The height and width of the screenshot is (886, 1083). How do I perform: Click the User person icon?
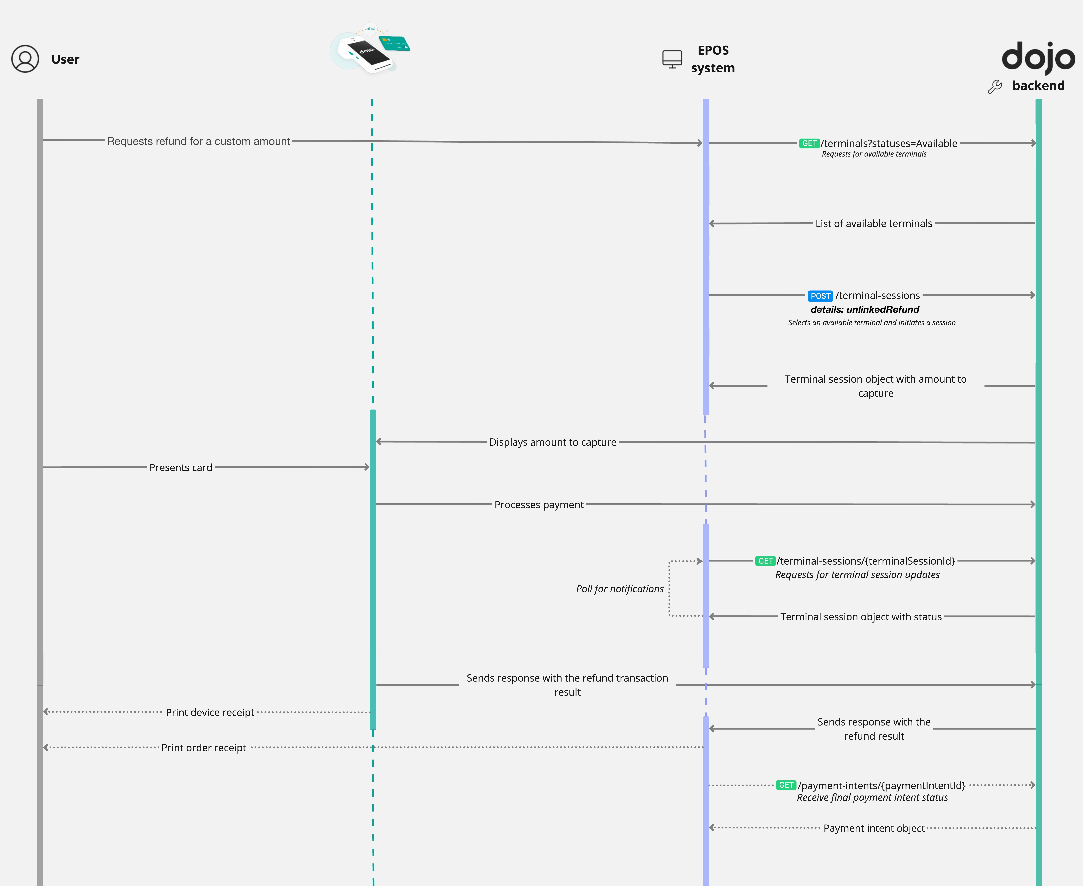25,59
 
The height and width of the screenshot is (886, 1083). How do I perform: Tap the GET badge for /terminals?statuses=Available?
809,143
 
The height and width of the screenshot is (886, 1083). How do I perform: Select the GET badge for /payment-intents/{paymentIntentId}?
786,785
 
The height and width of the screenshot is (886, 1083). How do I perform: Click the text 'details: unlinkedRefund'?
865,309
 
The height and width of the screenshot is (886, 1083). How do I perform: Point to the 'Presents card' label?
181,468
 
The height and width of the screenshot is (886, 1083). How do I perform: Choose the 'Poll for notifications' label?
620,588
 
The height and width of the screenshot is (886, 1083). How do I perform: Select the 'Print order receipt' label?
204,748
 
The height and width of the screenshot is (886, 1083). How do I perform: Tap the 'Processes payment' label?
539,505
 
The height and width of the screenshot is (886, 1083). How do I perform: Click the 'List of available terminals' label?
874,223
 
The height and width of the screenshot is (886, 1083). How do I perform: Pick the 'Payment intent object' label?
874,828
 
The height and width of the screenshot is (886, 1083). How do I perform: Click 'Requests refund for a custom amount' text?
199,141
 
